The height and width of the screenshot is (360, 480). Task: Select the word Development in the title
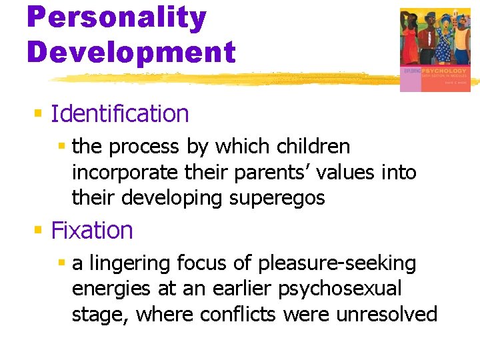[x=131, y=51]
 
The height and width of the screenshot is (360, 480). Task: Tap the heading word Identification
[x=120, y=114]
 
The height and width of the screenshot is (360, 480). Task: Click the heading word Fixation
[x=92, y=231]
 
